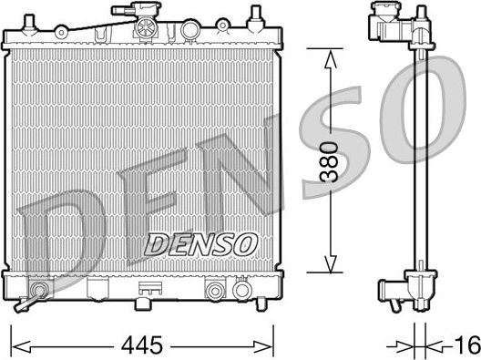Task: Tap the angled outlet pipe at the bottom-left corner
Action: tap(36, 295)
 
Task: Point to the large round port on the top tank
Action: tap(189, 29)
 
